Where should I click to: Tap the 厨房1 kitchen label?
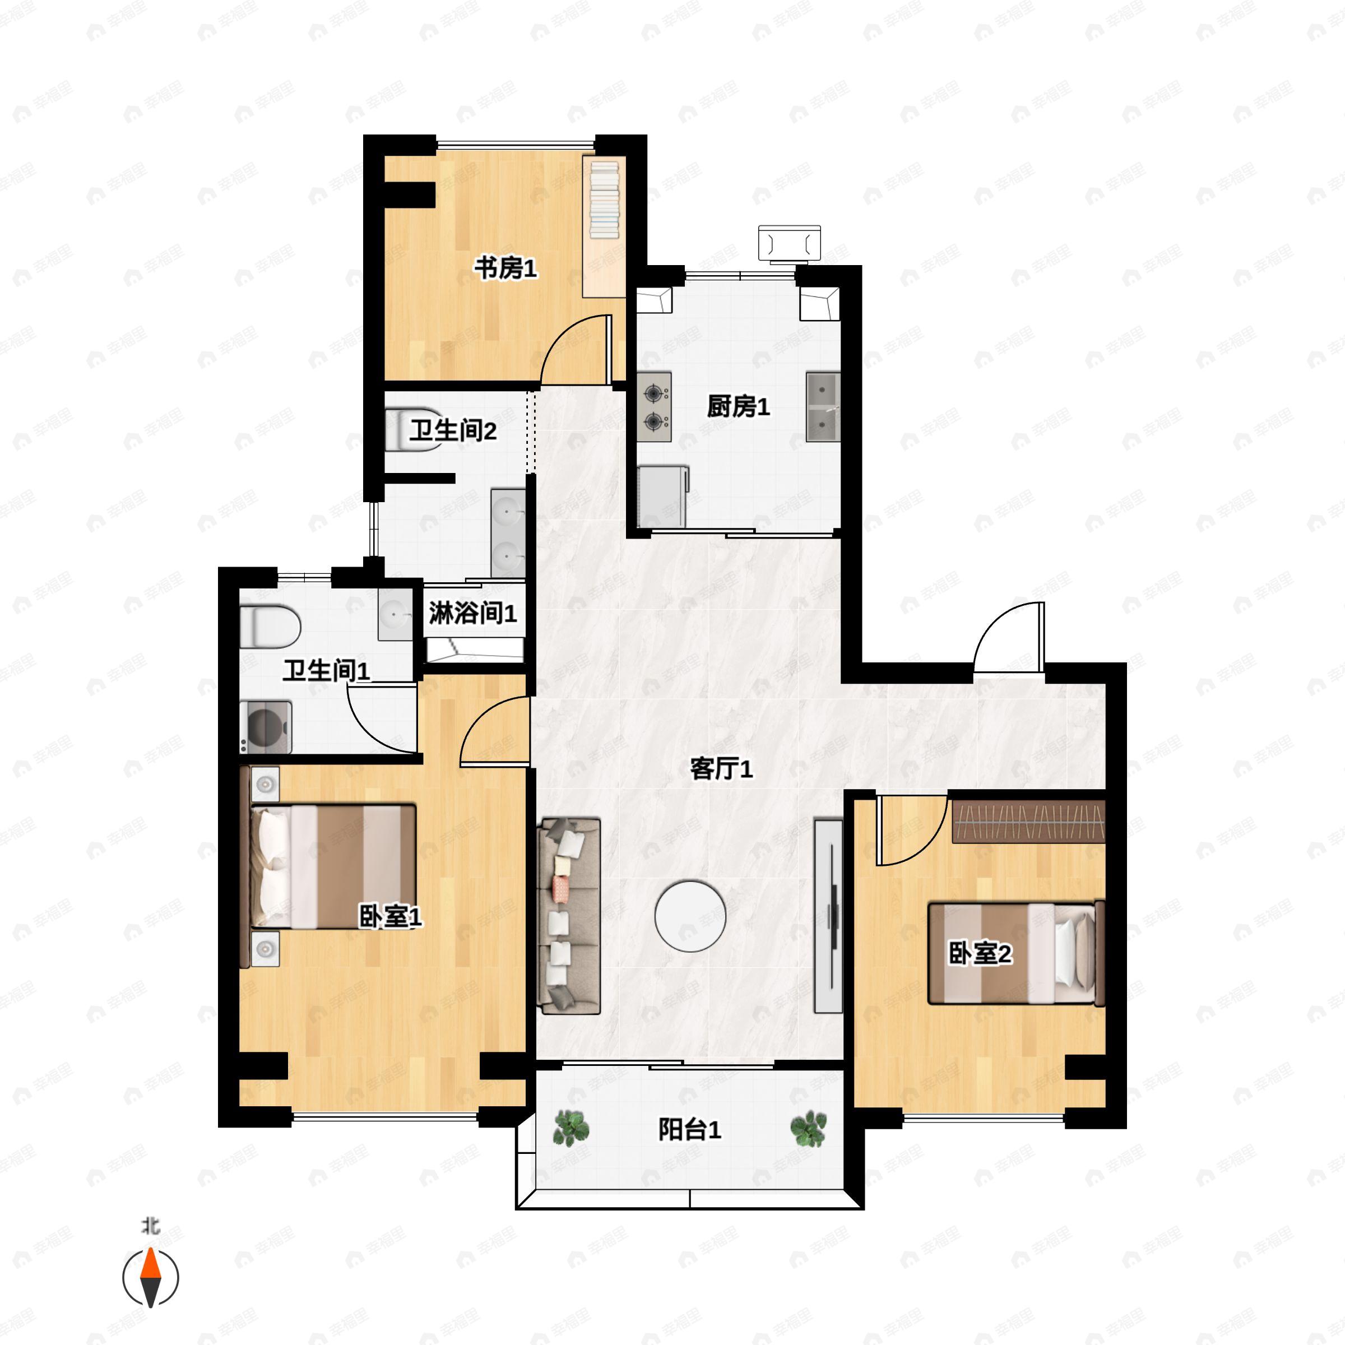(x=738, y=406)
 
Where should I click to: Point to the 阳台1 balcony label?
(x=689, y=1129)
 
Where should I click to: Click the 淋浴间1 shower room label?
(x=472, y=613)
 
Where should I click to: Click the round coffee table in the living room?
(x=690, y=916)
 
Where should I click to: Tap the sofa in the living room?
(x=569, y=916)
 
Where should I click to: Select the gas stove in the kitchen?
(x=655, y=406)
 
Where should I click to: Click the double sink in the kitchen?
(x=823, y=406)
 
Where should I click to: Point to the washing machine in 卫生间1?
(x=265, y=727)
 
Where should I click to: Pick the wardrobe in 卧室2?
(x=1028, y=822)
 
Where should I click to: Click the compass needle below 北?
(x=150, y=1278)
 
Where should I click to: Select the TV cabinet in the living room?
(x=828, y=916)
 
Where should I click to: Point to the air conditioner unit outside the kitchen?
(x=790, y=244)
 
